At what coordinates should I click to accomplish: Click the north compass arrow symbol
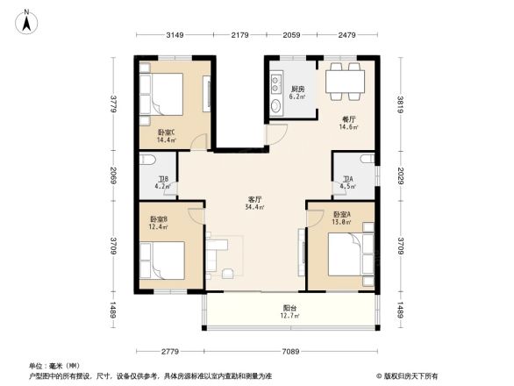28,19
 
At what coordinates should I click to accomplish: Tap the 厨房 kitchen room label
297,92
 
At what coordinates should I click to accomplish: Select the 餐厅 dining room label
348,123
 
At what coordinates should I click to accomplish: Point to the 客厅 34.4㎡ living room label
255,204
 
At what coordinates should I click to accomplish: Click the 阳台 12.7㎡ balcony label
289,311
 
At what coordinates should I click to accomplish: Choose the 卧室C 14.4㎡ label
166,136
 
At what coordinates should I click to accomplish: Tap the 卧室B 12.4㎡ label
158,223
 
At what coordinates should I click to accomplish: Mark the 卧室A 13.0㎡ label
342,218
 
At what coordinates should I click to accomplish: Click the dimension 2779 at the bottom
169,351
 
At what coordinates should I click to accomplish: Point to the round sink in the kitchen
276,108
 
